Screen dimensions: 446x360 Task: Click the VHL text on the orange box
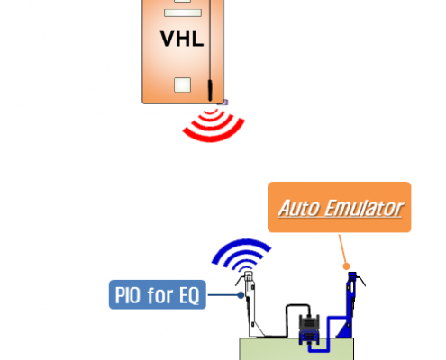tap(182, 39)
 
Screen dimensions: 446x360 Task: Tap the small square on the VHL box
tap(182, 85)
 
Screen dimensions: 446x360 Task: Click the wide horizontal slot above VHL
tap(183, 13)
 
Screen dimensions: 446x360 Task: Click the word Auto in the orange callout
tap(299, 208)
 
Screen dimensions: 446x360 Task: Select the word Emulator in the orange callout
tap(364, 208)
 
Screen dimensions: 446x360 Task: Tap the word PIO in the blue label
tap(128, 295)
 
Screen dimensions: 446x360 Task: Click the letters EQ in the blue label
tap(189, 296)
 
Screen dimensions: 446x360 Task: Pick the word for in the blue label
tap(160, 295)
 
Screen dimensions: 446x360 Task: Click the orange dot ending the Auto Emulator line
tap(346, 266)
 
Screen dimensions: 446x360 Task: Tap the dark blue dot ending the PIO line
tap(241, 295)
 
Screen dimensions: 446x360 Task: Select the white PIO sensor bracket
tap(250, 303)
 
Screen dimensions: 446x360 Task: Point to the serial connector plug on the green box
tap(309, 329)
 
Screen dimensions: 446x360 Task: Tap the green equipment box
tap(296, 350)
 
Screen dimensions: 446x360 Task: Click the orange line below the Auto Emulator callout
tap(342, 250)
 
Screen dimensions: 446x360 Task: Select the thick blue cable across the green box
tap(327, 333)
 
